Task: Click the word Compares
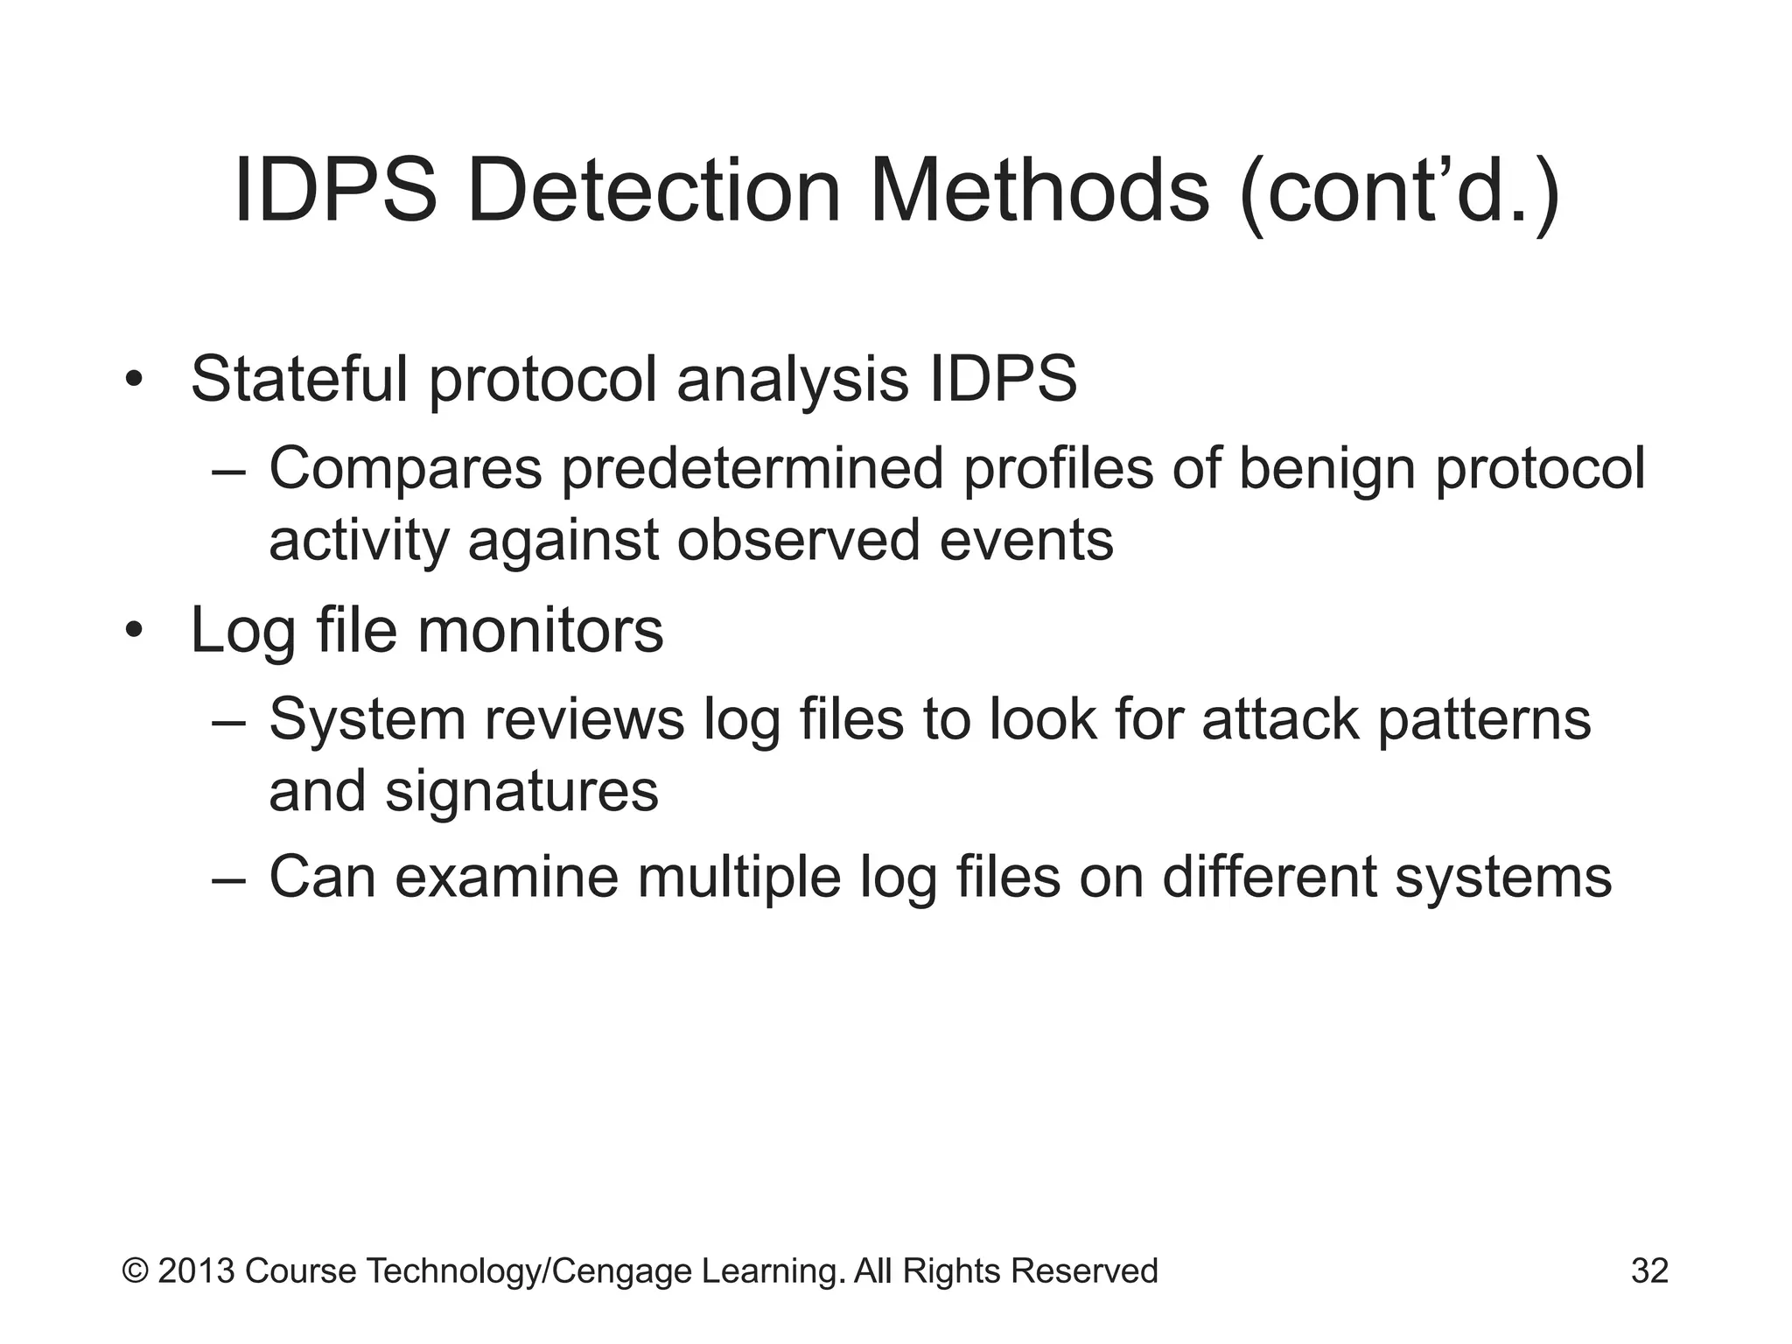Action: click(405, 469)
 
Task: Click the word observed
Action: click(798, 540)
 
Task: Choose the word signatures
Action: click(521, 792)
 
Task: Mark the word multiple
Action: click(739, 878)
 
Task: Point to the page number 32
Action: click(1649, 1271)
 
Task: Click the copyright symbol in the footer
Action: click(135, 1271)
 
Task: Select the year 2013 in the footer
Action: click(197, 1271)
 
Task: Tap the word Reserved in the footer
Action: click(1084, 1271)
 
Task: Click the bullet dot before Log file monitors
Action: click(133, 630)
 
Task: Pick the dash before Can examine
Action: click(229, 878)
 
